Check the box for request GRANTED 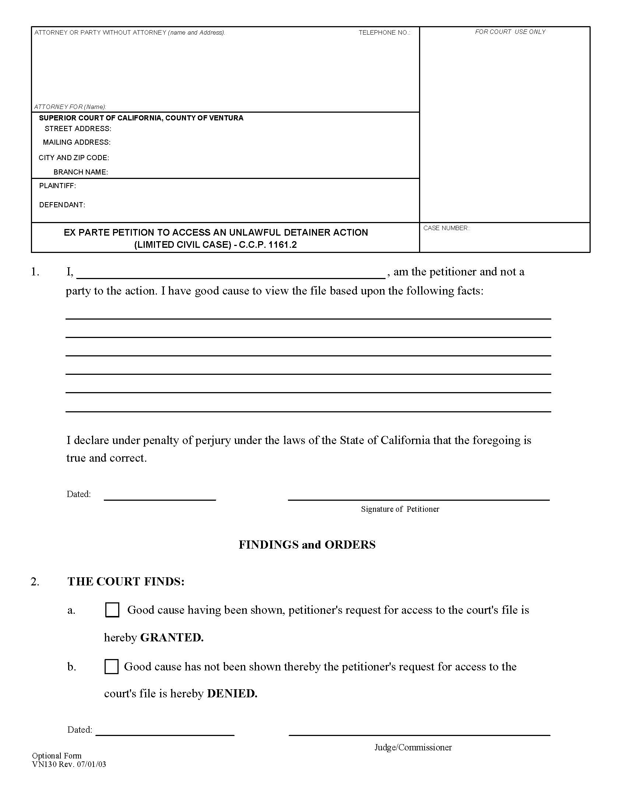(x=112, y=610)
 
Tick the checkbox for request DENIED (x=111, y=666)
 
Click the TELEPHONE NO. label (x=384, y=33)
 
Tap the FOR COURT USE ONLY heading (x=510, y=32)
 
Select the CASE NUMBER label (x=446, y=228)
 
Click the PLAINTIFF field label (x=57, y=186)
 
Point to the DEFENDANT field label (x=62, y=205)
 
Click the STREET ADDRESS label (x=78, y=129)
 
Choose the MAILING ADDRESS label (x=77, y=142)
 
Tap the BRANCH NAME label (x=81, y=172)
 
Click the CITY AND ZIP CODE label (x=74, y=158)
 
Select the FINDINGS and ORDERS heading (x=307, y=545)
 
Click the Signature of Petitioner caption (x=400, y=509)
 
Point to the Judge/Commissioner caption (x=413, y=747)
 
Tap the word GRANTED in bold (x=172, y=638)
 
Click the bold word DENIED (x=232, y=694)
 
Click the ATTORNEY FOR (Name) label (x=70, y=107)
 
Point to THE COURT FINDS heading (x=126, y=581)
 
